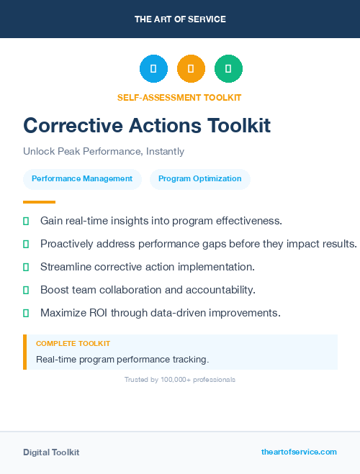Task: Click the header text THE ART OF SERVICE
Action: tap(180, 19)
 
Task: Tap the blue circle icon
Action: tap(153, 68)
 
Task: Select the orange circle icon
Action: tap(191, 68)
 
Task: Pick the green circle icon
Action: tap(228, 68)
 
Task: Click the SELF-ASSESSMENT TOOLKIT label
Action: tap(179, 97)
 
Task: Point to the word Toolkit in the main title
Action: tap(239, 126)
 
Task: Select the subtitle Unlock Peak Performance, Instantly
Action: tap(104, 152)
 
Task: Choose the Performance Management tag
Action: tap(82, 179)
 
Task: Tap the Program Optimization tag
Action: tap(200, 179)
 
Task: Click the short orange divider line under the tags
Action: tap(39, 202)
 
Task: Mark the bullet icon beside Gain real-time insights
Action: tap(26, 221)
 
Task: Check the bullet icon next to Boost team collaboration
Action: tap(26, 290)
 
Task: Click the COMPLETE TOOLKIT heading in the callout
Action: tap(73, 344)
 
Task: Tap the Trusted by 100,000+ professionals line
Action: tap(180, 380)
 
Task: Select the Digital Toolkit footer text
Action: tap(51, 452)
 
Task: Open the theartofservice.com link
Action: tap(299, 452)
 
